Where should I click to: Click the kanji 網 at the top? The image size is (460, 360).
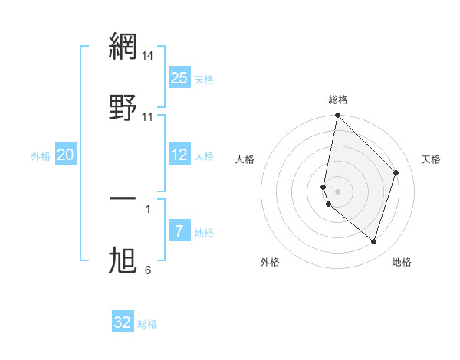pyautogui.click(x=123, y=46)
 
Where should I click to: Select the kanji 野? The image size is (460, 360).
pyautogui.click(x=123, y=108)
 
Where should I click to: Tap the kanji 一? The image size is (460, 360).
pyautogui.click(x=123, y=199)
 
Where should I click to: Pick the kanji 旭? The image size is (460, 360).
pyautogui.click(x=123, y=261)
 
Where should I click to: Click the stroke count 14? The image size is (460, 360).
pyautogui.click(x=148, y=56)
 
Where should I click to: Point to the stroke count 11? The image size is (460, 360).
pyautogui.click(x=148, y=117)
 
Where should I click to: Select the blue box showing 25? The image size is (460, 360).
pyautogui.click(x=179, y=78)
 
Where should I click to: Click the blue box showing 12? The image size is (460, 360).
pyautogui.click(x=179, y=155)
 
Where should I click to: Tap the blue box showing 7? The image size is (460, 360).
pyautogui.click(x=179, y=231)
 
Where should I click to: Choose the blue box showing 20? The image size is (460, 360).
pyautogui.click(x=65, y=155)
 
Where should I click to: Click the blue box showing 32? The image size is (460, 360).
pyautogui.click(x=123, y=322)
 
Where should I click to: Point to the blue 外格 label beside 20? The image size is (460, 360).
pyautogui.click(x=41, y=156)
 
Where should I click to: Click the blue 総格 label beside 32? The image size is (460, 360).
pyautogui.click(x=147, y=324)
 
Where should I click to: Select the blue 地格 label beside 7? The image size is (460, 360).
pyautogui.click(x=204, y=233)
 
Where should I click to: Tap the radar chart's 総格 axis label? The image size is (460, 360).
pyautogui.click(x=338, y=100)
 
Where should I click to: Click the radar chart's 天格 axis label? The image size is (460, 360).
pyautogui.click(x=431, y=159)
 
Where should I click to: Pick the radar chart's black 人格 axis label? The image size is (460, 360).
pyautogui.click(x=245, y=159)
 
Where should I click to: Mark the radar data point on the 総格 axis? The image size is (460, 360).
pyautogui.click(x=337, y=116)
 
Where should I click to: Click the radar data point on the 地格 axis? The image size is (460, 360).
pyautogui.click(x=373, y=241)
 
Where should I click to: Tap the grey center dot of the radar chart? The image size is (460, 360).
pyautogui.click(x=337, y=191)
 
